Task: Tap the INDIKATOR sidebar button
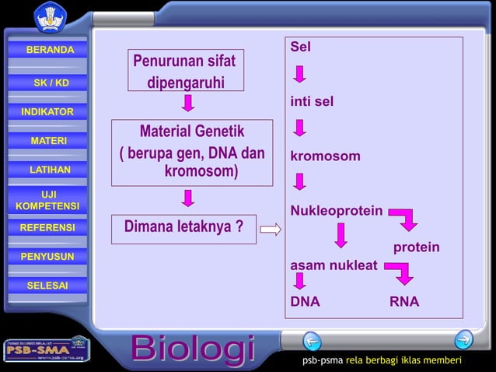pyautogui.click(x=47, y=112)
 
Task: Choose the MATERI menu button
pyautogui.click(x=48, y=141)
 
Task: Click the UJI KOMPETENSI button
pyautogui.click(x=47, y=199)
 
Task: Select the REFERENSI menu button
pyautogui.click(x=47, y=228)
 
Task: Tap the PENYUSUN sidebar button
pyautogui.click(x=47, y=257)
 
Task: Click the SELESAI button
pyautogui.click(x=47, y=286)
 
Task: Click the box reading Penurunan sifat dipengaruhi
pyautogui.click(x=186, y=71)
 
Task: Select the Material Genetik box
pyautogui.click(x=192, y=152)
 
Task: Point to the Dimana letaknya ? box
pyautogui.click(x=183, y=228)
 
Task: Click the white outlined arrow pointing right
pyautogui.click(x=270, y=230)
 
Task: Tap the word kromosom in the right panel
pyautogui.click(x=325, y=156)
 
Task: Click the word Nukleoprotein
pyautogui.click(x=336, y=211)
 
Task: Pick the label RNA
pyautogui.click(x=404, y=302)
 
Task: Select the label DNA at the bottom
pyautogui.click(x=305, y=302)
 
